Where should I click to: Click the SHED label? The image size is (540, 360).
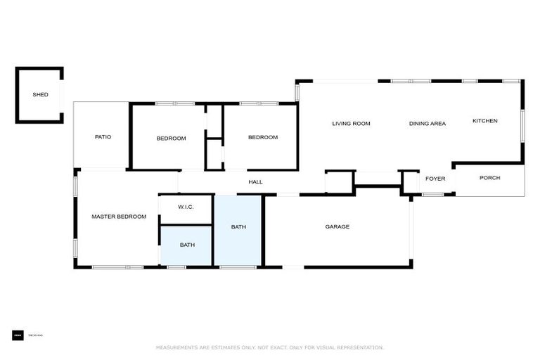tap(40, 94)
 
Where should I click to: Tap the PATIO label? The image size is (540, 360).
tap(103, 137)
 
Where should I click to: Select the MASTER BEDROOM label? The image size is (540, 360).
tap(119, 217)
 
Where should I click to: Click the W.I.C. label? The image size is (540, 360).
tap(186, 207)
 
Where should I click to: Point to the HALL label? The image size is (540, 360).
tap(255, 182)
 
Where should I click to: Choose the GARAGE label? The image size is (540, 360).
tap(337, 226)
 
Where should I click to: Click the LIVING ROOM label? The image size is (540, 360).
tap(351, 124)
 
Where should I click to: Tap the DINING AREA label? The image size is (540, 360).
tap(427, 124)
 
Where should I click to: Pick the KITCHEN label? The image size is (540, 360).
tap(484, 121)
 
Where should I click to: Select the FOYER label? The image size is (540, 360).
tap(435, 179)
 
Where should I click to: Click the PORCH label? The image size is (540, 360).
tap(489, 178)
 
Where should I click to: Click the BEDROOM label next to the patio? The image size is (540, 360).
tap(171, 139)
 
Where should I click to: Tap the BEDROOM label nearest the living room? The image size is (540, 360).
tap(262, 137)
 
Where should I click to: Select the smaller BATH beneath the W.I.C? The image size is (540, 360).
tap(187, 245)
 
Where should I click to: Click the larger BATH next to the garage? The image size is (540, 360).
tap(238, 227)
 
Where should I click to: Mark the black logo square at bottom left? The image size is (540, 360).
tap(18, 335)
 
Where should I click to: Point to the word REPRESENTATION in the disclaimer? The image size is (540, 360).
tap(360, 347)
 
